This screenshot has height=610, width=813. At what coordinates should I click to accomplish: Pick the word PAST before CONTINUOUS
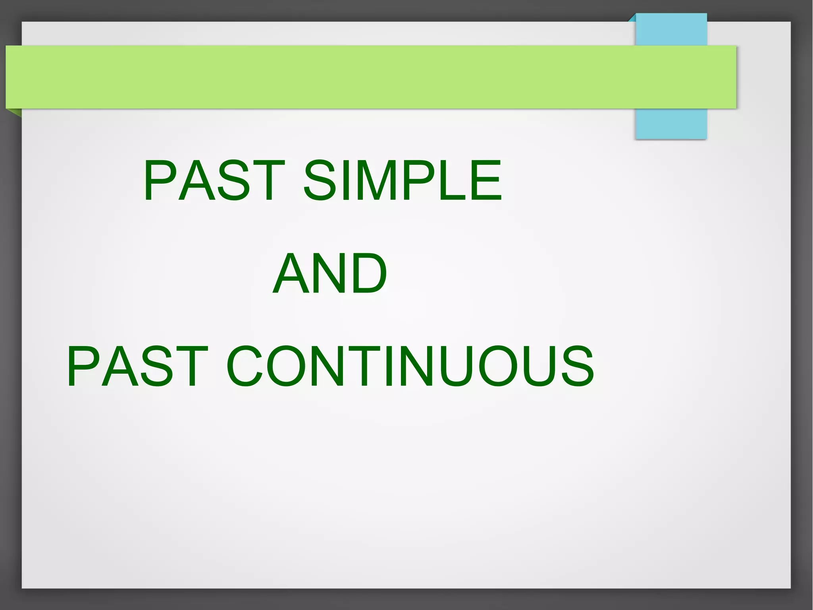point(137,366)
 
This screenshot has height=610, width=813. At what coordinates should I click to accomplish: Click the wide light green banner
point(357,77)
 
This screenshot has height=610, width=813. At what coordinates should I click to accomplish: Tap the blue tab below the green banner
point(671,123)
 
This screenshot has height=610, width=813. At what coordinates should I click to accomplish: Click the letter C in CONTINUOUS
point(244,366)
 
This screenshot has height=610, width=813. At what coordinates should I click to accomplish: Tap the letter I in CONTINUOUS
point(388,366)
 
